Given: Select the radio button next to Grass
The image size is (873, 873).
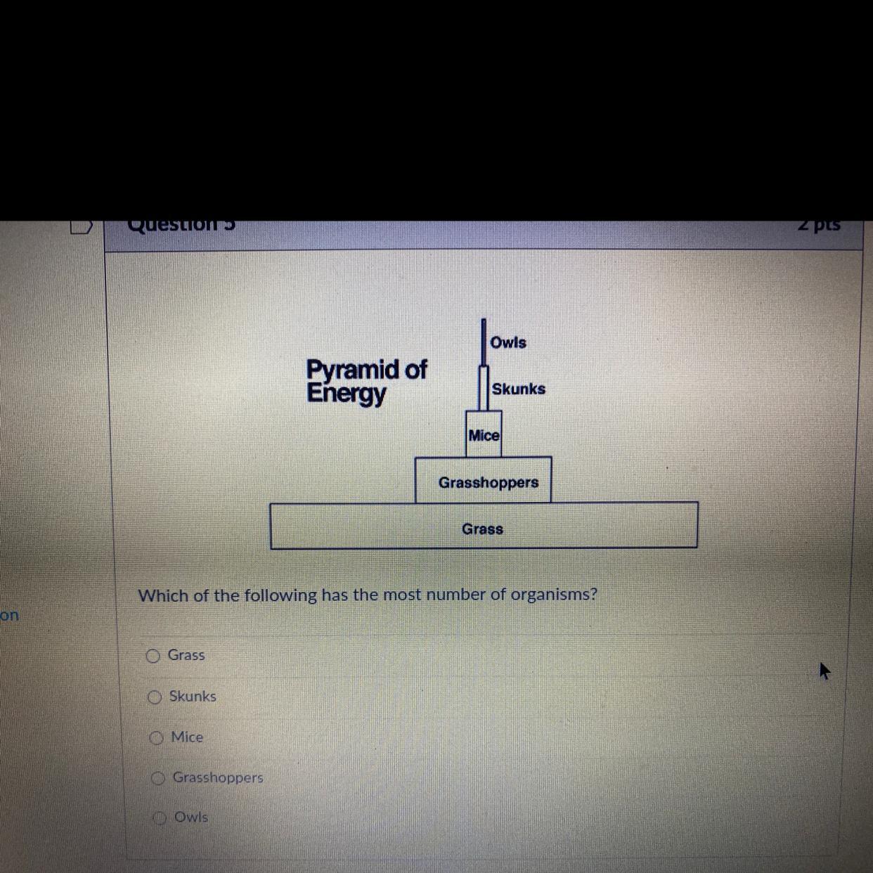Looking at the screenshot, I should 153,656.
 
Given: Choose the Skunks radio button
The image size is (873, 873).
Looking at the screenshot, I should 155,697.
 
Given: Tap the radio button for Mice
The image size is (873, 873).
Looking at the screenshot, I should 156,737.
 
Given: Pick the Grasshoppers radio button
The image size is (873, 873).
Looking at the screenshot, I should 158,778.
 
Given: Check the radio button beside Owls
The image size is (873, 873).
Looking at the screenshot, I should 160,817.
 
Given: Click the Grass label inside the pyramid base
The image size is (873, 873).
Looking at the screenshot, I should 482,529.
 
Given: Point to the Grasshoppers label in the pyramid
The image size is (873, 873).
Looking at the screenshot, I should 488,482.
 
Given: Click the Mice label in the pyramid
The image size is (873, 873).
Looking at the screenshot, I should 484,435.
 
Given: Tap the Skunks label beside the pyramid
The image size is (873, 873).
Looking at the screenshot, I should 518,389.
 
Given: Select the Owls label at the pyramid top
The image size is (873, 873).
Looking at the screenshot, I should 507,342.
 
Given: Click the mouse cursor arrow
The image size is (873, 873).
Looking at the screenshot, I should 824,670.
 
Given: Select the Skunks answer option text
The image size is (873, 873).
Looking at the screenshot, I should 193,696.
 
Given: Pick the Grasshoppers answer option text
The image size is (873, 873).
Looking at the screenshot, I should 218,777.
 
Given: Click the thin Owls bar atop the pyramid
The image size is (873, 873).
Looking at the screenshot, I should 484,342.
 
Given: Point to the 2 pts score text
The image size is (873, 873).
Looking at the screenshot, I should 819,225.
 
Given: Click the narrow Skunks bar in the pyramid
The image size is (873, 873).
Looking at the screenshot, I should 484,387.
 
